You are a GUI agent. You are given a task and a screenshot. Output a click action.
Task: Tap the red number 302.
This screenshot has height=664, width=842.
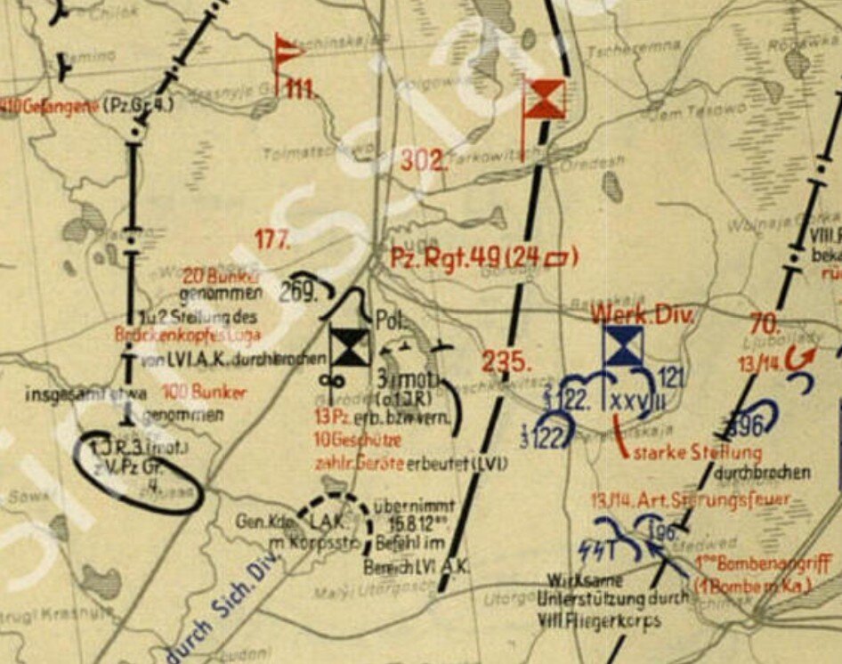tap(422, 161)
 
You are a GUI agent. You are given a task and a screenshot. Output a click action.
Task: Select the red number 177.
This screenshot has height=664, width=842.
tap(272, 239)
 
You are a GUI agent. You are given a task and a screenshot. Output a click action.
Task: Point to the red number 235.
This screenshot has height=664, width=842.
tap(501, 362)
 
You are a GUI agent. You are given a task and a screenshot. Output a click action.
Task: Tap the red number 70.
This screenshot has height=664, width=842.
tap(765, 324)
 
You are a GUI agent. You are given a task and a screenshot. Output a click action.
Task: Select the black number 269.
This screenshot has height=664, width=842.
tap(298, 292)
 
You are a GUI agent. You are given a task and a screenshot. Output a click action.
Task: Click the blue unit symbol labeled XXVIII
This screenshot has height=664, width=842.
tap(623, 346)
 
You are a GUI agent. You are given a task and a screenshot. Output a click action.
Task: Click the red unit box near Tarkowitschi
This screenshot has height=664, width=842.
tap(544, 98)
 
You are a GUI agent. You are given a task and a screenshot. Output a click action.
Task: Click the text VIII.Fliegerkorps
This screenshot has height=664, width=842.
tap(598, 620)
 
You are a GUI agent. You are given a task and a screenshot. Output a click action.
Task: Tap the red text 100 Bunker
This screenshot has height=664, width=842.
tap(193, 393)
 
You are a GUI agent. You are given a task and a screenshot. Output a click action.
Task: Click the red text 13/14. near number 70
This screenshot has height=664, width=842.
tap(752, 363)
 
